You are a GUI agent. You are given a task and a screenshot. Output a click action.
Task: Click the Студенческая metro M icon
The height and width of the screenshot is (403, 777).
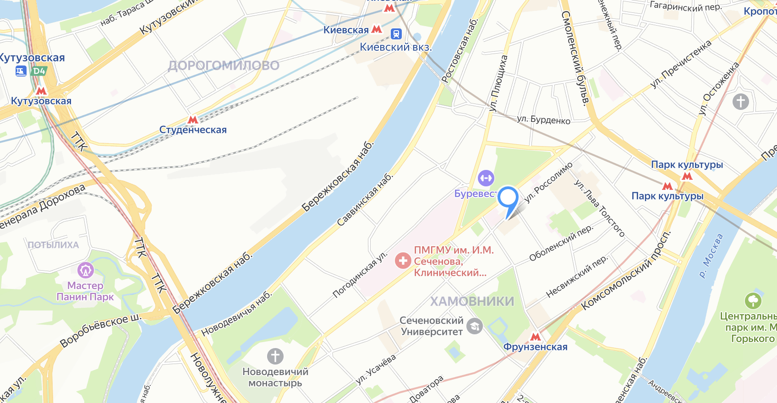(x=193, y=120)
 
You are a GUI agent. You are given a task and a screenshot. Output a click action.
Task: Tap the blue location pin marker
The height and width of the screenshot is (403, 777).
(x=508, y=199)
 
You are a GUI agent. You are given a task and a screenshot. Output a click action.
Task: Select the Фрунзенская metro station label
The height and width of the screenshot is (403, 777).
(x=535, y=347)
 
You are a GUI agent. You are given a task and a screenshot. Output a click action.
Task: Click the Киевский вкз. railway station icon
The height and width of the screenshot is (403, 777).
(x=396, y=34)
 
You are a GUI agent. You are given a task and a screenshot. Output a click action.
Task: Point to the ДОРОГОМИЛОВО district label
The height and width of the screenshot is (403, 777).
(x=224, y=65)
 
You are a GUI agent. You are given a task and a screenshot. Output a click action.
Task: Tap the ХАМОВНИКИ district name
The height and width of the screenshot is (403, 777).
(x=472, y=301)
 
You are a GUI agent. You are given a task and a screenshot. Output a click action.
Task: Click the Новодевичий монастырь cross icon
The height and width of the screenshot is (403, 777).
(x=275, y=356)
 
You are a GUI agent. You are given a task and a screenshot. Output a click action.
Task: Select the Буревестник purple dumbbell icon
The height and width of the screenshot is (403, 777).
(x=486, y=178)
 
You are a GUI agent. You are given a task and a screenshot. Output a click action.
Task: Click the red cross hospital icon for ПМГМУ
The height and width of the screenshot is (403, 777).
(x=403, y=261)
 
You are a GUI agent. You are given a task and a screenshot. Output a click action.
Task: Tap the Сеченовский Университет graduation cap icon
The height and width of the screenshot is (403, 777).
(x=475, y=326)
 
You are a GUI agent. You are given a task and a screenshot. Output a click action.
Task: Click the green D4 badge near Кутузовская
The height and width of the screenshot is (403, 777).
(x=39, y=71)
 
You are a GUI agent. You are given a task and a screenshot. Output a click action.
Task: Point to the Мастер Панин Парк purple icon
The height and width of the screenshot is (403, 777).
(x=86, y=270)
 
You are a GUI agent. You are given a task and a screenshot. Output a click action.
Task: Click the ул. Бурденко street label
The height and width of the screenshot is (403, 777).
(x=543, y=120)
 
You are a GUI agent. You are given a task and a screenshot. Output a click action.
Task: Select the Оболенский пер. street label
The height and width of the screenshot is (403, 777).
(x=561, y=243)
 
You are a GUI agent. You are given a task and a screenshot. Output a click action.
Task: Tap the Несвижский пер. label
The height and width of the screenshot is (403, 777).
(x=577, y=277)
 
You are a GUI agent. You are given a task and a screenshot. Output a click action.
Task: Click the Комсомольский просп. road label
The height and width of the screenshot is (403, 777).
(x=626, y=271)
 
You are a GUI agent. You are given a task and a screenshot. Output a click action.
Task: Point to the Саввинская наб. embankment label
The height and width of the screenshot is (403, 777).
(x=365, y=200)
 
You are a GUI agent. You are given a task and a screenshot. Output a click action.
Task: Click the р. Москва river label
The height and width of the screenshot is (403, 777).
(x=711, y=256)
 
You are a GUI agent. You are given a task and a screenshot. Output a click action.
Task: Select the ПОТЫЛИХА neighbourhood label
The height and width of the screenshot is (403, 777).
(x=54, y=245)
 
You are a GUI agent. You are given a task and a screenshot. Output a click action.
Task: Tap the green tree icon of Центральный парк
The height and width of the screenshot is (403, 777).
(x=753, y=301)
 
